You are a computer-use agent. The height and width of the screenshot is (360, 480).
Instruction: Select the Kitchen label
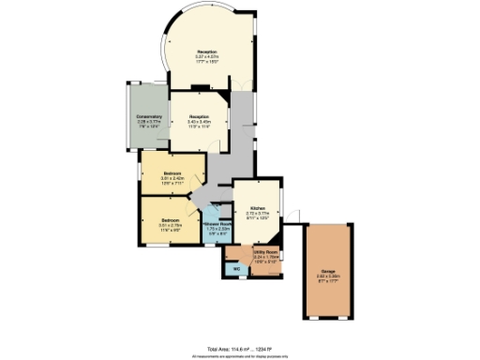pos(257,208)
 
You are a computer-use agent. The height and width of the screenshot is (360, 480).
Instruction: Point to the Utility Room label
pos(265,252)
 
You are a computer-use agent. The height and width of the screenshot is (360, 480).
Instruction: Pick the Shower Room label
pos(217,224)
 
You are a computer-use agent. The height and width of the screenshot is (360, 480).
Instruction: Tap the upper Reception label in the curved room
pos(206,51)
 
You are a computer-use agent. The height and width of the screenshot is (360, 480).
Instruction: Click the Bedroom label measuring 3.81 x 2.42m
pos(172,173)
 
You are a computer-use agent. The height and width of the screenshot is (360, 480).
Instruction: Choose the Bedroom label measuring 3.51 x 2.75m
pos(169,219)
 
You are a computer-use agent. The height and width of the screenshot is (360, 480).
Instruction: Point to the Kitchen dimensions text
pos(257,216)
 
